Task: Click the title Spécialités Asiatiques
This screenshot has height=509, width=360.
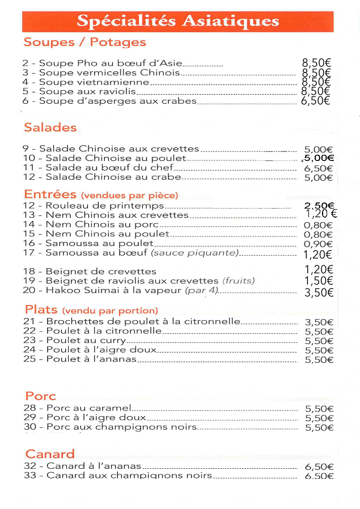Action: [x=177, y=22]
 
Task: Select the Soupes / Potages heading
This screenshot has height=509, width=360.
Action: [x=84, y=43]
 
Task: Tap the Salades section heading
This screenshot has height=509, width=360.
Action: [x=50, y=128]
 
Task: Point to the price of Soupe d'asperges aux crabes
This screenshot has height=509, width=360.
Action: [x=316, y=101]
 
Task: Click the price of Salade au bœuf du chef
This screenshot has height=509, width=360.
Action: [x=318, y=168]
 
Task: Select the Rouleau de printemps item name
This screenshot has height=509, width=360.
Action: [x=104, y=206]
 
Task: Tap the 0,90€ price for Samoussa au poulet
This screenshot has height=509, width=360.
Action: [x=318, y=244]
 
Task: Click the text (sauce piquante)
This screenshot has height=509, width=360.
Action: [x=194, y=253]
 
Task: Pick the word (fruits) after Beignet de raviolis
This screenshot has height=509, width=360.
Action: [x=239, y=281]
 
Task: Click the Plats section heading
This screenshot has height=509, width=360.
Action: [x=41, y=309]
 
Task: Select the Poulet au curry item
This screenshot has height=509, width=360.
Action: [x=86, y=341]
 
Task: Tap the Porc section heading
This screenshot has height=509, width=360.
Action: [x=40, y=396]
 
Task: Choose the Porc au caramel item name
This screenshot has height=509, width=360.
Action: [x=88, y=408]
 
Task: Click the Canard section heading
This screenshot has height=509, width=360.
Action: [x=50, y=454]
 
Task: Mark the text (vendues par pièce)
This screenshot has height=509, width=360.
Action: [x=129, y=196]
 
